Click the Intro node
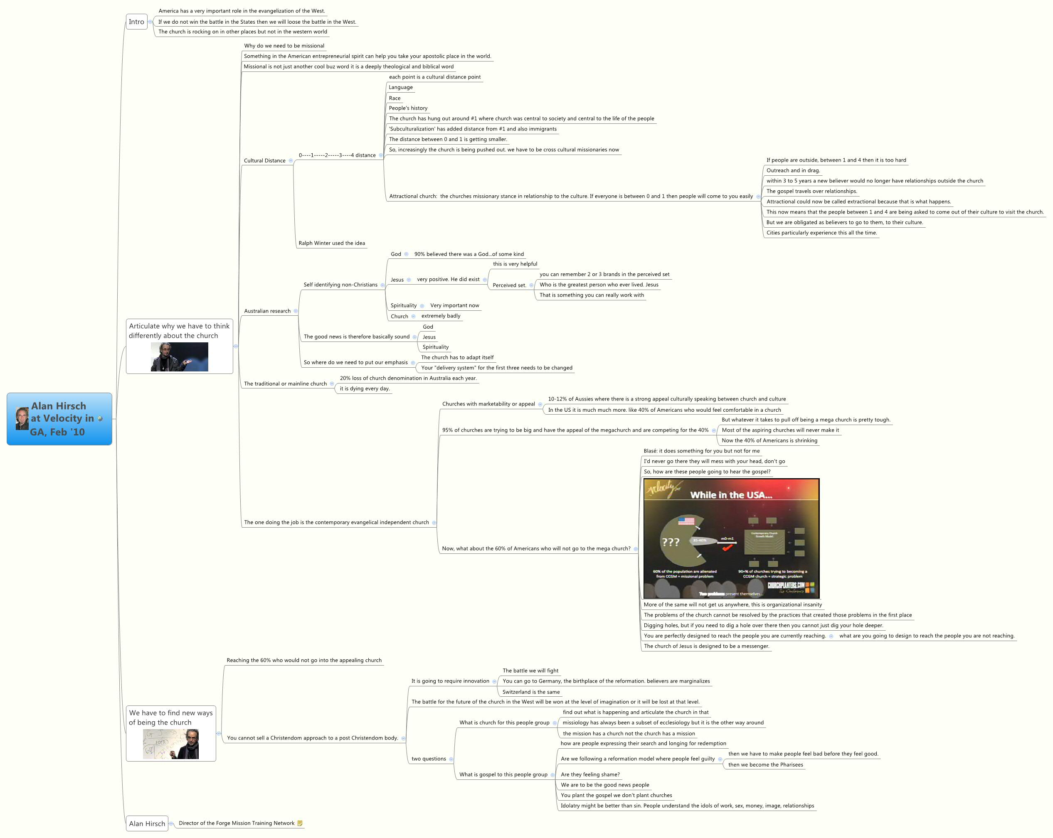pos(136,22)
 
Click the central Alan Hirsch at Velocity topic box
pos(59,419)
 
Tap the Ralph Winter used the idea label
pos(332,243)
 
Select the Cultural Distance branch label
pos(264,160)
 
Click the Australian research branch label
pos(267,311)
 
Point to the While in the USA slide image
pos(731,538)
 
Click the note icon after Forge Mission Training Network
pos(300,823)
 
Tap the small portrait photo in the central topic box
pos(22,418)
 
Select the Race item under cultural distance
pos(395,98)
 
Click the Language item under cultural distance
pos(400,87)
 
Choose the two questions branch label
pos(428,759)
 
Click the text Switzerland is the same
pos(531,692)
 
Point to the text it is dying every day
pos(364,388)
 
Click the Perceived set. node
pos(509,285)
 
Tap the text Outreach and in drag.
pos(793,170)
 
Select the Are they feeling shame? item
pos(590,774)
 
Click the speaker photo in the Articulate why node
pos(179,357)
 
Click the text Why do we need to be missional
pos(284,46)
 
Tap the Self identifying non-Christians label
pos(340,285)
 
